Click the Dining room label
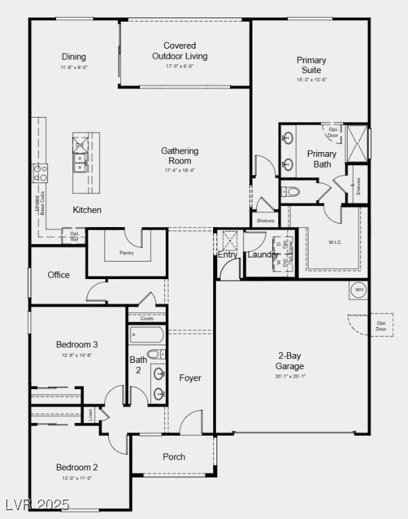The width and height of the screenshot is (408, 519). point(74,57)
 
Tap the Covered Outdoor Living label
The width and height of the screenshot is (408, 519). point(179,51)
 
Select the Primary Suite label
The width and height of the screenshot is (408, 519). point(311,65)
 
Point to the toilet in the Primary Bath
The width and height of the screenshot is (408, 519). point(292,192)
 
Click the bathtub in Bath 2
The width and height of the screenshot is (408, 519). point(146,335)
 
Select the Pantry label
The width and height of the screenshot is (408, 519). point(127,253)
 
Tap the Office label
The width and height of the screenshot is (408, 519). point(59,275)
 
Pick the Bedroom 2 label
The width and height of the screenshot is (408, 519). point(77,467)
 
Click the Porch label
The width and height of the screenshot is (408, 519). point(174,457)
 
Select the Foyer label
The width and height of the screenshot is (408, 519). point(190,378)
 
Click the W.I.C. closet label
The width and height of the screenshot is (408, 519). point(336,242)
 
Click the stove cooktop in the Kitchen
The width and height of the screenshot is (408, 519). point(41,173)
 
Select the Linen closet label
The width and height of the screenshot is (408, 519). point(88,414)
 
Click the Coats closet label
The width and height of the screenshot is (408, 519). point(146,318)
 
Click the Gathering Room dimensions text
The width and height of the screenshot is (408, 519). point(179,170)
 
